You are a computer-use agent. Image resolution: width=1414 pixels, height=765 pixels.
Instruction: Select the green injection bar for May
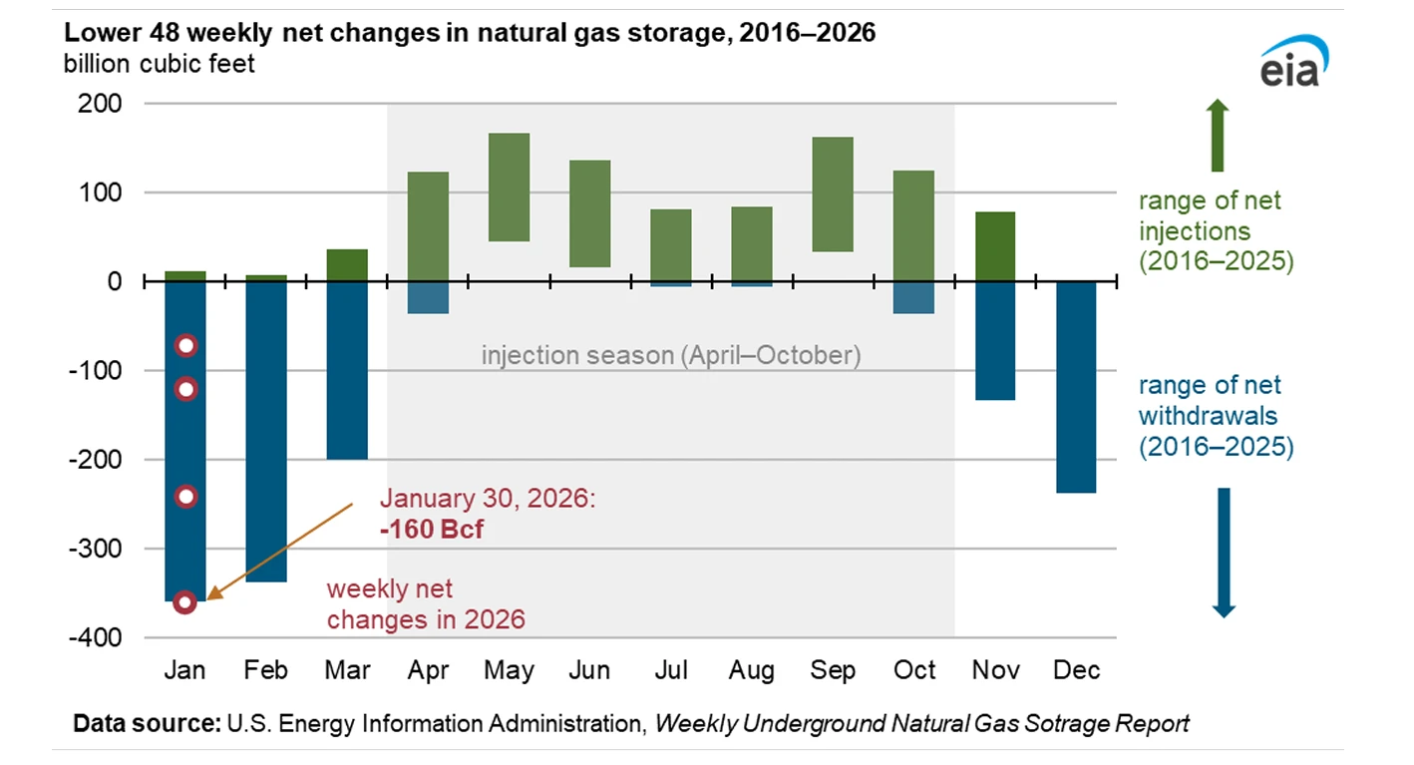tap(509, 188)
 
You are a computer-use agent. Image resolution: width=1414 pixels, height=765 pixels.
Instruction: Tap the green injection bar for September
tap(833, 194)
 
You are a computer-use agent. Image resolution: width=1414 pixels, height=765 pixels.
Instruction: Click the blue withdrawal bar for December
tap(1076, 387)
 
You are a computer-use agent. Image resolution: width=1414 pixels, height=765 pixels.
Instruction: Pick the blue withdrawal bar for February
tap(266, 431)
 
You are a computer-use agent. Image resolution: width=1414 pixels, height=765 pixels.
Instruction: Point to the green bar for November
tap(994, 246)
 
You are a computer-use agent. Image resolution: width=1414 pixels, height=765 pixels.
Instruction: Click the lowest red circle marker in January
tap(184, 601)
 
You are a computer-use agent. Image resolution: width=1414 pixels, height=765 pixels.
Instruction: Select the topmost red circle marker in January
tap(184, 346)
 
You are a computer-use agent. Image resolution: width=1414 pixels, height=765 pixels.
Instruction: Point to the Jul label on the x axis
tap(670, 670)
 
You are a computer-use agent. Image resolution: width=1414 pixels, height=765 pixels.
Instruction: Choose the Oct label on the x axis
tap(913, 670)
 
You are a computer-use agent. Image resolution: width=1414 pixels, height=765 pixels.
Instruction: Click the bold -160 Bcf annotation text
tap(431, 528)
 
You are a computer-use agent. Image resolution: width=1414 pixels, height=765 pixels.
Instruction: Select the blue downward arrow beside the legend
tap(1224, 552)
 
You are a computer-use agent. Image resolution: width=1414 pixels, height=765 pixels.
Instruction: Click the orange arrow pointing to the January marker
tap(282, 553)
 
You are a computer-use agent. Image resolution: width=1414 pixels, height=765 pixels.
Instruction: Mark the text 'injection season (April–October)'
tap(670, 356)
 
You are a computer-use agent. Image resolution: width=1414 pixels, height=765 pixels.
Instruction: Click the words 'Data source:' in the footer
tap(146, 723)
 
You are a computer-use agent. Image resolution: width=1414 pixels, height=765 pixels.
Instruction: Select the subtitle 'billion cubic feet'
tap(160, 64)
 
